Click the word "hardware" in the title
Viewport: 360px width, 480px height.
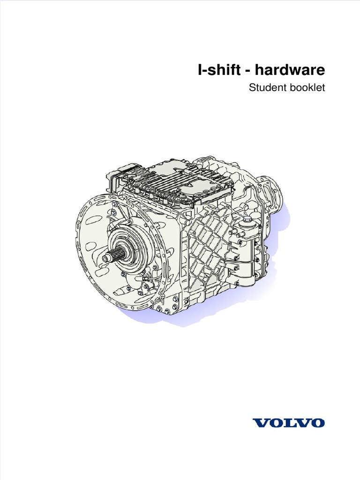[x=290, y=70]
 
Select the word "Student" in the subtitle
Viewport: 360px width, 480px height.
[x=266, y=88]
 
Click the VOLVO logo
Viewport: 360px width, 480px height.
[x=289, y=423]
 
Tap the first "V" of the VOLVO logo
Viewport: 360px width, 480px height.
[x=260, y=423]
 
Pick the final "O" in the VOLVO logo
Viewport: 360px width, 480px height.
[x=318, y=423]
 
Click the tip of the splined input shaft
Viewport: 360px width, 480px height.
[x=105, y=259]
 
